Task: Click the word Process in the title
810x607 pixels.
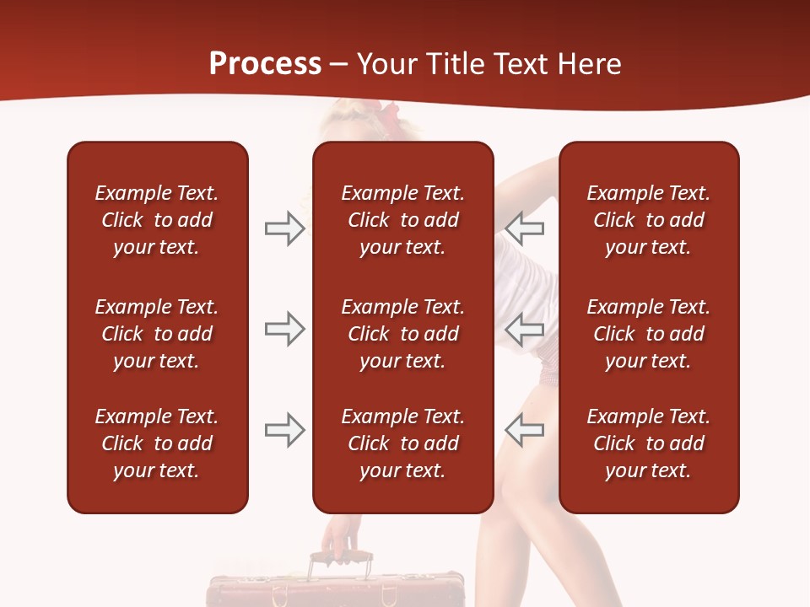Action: click(x=265, y=63)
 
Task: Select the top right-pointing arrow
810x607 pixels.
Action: click(x=285, y=228)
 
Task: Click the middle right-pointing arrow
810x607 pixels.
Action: click(x=285, y=329)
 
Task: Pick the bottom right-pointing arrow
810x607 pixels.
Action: click(x=285, y=430)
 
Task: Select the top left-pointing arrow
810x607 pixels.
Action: click(x=524, y=228)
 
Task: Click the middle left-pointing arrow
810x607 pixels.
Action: click(x=524, y=329)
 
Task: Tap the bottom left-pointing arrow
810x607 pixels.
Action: click(x=524, y=430)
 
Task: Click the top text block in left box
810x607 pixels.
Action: click(x=157, y=220)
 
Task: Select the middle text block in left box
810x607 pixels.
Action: click(x=157, y=334)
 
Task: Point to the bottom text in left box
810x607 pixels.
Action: click(x=157, y=443)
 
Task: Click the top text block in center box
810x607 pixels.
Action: click(x=402, y=220)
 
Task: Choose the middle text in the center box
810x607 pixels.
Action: click(x=402, y=334)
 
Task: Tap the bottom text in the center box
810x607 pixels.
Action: click(x=402, y=443)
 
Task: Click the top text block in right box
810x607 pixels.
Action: click(x=648, y=220)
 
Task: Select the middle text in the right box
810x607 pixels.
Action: click(x=648, y=334)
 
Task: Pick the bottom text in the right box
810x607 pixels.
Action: click(x=648, y=443)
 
